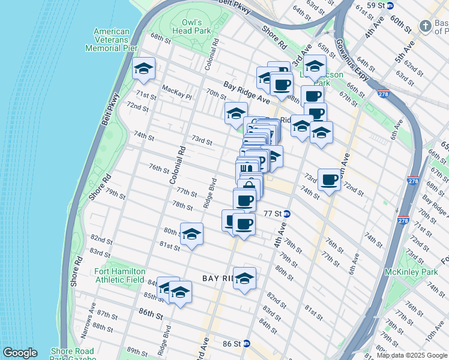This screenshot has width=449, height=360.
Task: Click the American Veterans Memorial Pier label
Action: tap(107, 40)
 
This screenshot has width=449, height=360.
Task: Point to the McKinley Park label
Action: tap(420, 272)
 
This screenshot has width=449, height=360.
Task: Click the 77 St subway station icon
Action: tap(288, 214)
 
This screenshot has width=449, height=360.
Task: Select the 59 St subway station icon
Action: tap(390, 5)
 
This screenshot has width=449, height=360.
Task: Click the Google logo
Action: tap(20, 353)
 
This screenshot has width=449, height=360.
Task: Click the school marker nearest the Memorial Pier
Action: tap(144, 70)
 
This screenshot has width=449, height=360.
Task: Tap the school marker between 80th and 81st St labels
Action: tap(191, 235)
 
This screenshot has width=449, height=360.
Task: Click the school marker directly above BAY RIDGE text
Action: tap(244, 279)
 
